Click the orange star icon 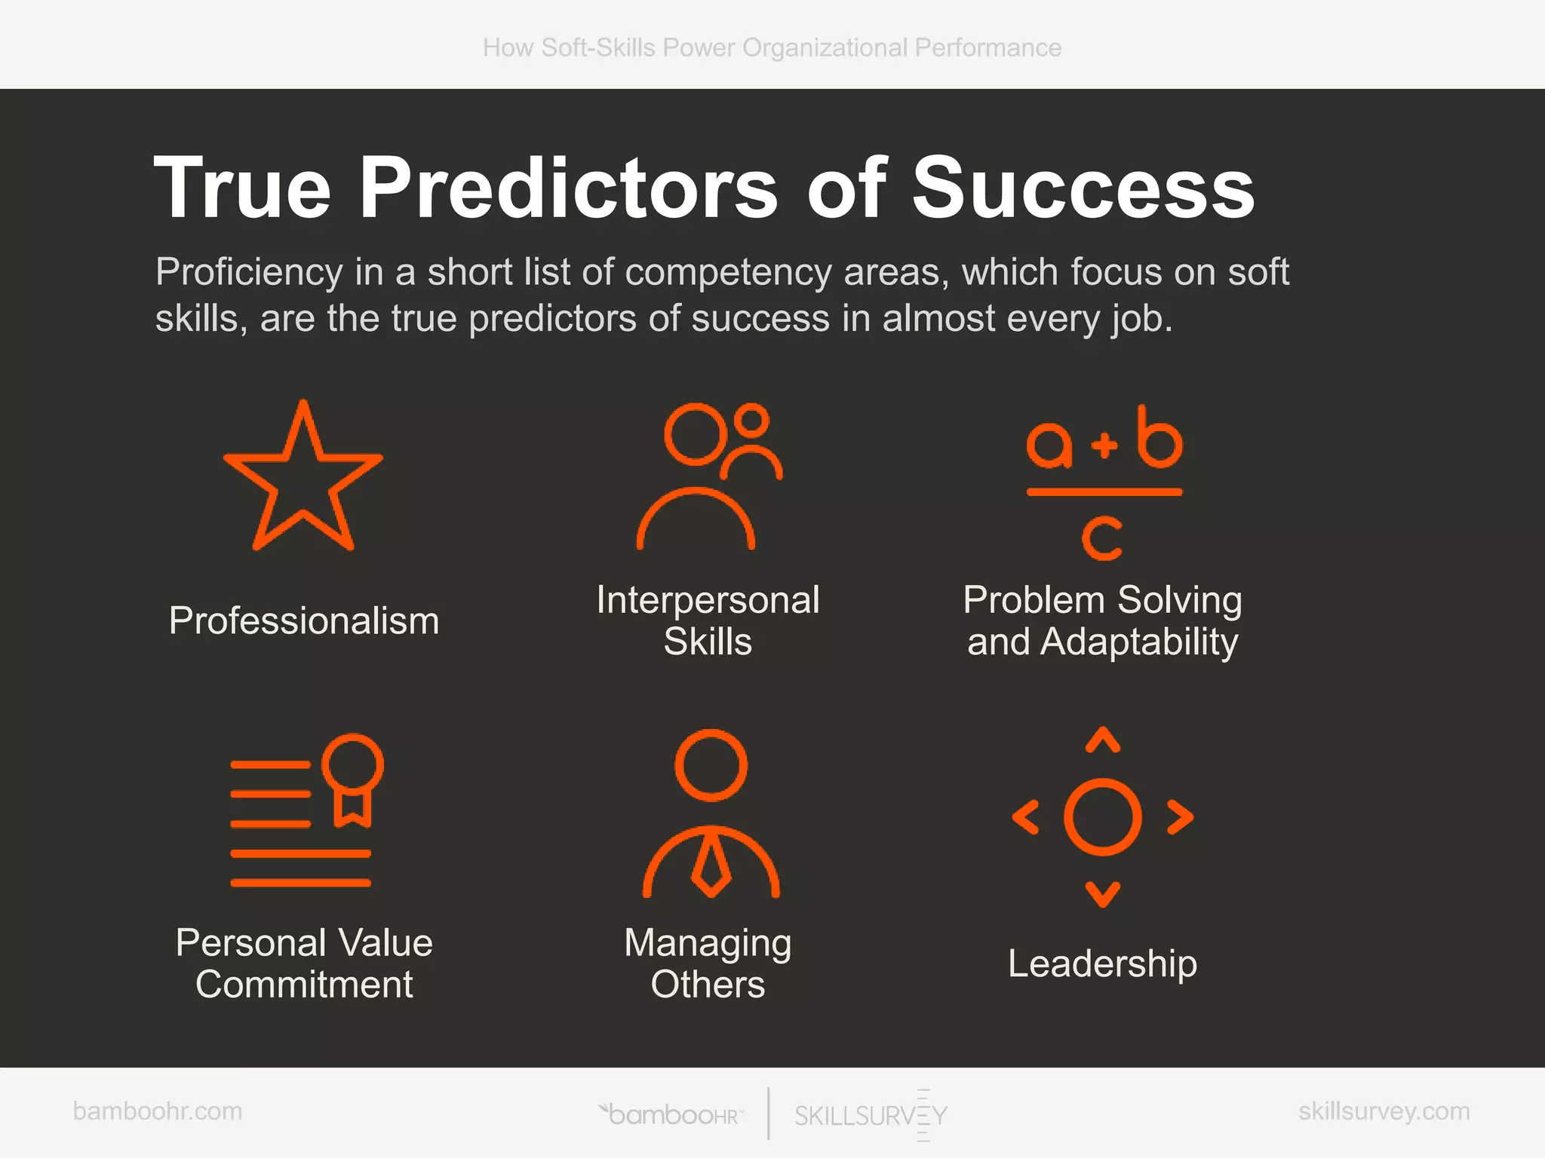pos(303,482)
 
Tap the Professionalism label pos(304,621)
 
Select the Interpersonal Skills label pos(708,621)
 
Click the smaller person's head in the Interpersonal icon pos(751,420)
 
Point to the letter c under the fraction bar pos(1102,538)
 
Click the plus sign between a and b pos(1104,445)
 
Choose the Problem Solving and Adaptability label pos(1102,621)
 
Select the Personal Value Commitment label pos(304,963)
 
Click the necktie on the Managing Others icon pos(711,863)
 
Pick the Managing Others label pos(708,963)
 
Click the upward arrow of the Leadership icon pos(1103,740)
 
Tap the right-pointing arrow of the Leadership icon pos(1181,817)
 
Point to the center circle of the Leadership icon pos(1103,817)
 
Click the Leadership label pos(1102,963)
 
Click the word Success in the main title pos(1083,188)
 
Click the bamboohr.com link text pos(158,1111)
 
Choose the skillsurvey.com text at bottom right pos(1384,1111)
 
